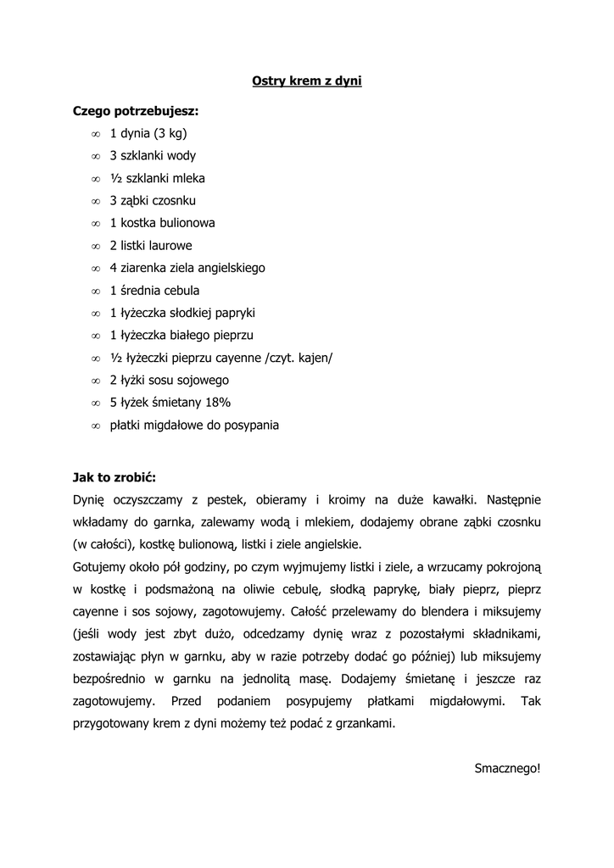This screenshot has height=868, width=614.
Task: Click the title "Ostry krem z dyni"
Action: pos(307,81)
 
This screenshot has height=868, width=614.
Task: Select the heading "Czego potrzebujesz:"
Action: pos(137,111)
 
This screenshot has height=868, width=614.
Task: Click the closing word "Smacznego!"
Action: pos(507,768)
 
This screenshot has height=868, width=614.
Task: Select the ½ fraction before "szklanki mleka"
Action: pos(116,178)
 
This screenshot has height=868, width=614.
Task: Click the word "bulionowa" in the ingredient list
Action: pos(185,223)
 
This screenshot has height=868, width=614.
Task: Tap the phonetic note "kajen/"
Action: pos(314,358)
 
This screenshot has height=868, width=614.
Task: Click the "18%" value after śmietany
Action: pos(214,403)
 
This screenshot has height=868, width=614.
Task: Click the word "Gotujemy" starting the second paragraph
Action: pos(100,566)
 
